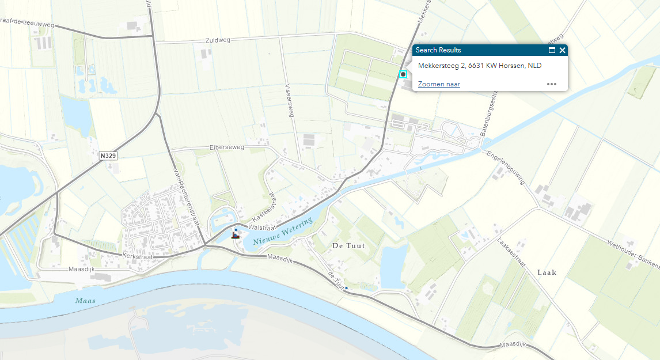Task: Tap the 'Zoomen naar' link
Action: coord(439,84)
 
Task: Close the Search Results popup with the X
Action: coord(563,50)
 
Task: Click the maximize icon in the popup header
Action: coord(552,50)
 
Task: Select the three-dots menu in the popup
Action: coord(552,84)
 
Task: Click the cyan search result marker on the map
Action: coord(403,74)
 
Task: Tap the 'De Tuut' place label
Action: coord(348,246)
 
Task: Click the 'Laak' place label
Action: coord(547,272)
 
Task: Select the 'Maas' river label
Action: coord(85,301)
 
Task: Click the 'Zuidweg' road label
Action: coord(217,41)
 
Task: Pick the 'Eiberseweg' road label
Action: coord(227,147)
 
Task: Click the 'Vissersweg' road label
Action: coord(290,101)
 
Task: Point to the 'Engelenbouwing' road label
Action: coord(506,168)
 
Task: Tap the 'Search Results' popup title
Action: coord(438,50)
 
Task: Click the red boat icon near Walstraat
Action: coord(235,235)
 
